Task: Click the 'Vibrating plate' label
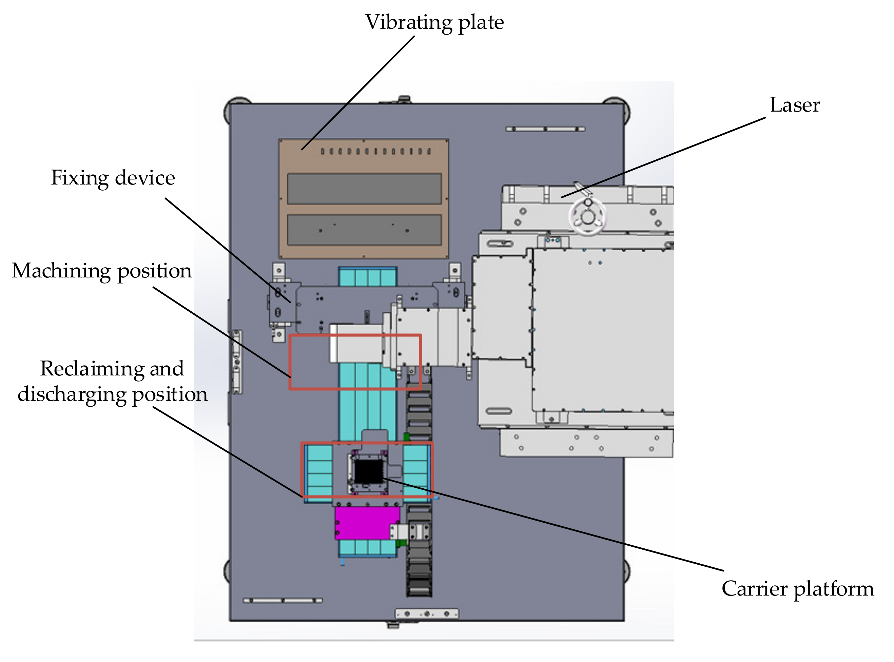coord(434,22)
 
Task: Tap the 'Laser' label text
coord(794,105)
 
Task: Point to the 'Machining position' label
coord(102,271)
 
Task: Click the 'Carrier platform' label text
coord(797,589)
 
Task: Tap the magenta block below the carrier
coord(363,523)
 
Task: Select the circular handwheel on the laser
coord(587,217)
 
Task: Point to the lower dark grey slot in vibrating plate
coord(364,230)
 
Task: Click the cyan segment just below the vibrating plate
coord(367,276)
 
